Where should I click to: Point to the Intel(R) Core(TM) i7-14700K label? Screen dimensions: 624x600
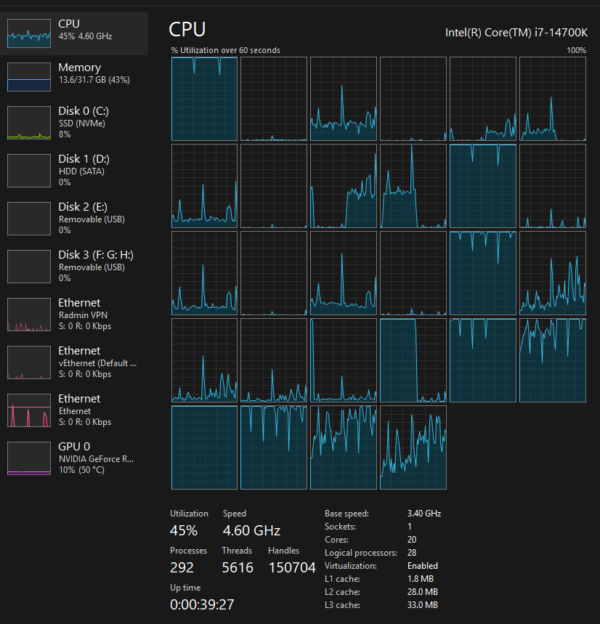coord(516,33)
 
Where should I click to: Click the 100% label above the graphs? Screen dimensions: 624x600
coord(576,51)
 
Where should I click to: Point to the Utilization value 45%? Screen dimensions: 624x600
coord(184,530)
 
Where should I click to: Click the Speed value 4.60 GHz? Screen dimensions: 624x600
coord(251,530)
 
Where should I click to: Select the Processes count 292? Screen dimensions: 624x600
coord(182,567)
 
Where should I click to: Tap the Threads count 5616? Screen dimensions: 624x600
coord(238,567)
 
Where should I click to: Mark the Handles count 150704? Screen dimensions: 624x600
coord(292,567)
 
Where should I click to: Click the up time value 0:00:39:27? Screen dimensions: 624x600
coord(202,604)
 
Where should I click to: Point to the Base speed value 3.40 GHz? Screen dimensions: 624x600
coord(423,514)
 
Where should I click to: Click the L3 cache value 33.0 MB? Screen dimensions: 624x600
coord(422,605)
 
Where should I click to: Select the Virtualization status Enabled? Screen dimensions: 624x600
coord(423,566)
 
